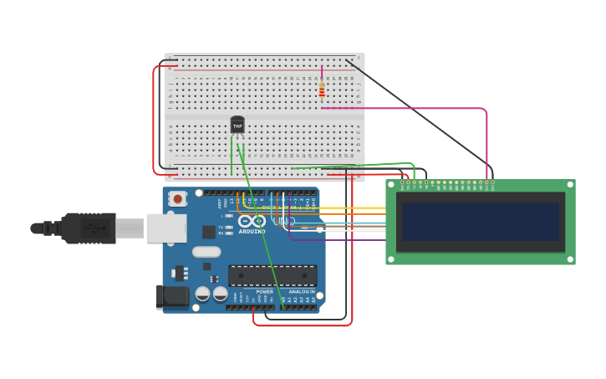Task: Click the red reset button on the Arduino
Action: (177, 199)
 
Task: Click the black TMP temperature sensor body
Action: (237, 125)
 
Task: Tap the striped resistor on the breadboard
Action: (322, 90)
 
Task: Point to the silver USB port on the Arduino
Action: (166, 228)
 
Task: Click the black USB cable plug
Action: (88, 228)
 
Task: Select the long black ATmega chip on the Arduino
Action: (272, 275)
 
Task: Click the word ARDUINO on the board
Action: (252, 232)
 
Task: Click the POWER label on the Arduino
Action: (252, 292)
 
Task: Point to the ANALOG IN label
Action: (301, 292)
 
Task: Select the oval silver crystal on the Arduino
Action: (206, 252)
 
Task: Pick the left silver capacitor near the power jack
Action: (202, 294)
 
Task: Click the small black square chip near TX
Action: (208, 232)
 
